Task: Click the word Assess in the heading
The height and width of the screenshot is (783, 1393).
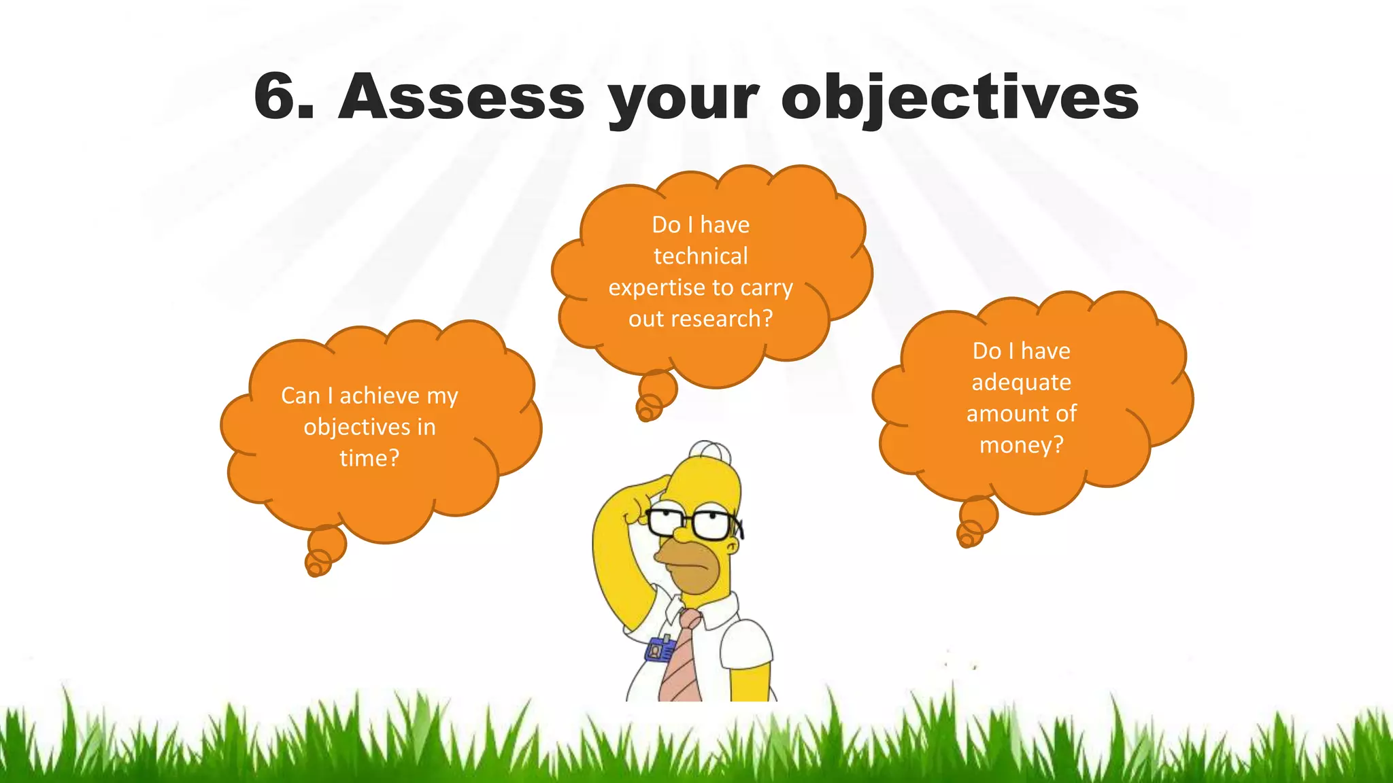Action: pos(460,97)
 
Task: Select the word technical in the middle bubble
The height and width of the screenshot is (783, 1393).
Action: pos(701,256)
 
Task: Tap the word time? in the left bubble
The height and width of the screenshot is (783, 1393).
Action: pos(369,458)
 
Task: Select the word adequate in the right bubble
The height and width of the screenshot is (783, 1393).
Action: pos(1021,383)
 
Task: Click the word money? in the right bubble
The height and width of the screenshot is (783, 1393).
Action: pos(1021,445)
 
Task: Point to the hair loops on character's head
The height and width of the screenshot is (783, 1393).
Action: pos(709,449)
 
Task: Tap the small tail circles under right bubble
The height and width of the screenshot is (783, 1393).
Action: pos(974,524)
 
